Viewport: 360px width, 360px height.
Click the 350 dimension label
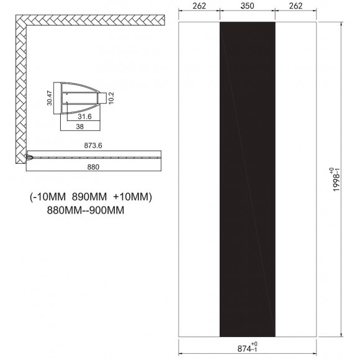point(248,7)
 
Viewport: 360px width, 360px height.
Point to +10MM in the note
point(132,198)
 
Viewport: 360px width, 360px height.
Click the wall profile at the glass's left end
point(30,158)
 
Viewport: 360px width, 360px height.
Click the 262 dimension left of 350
point(199,7)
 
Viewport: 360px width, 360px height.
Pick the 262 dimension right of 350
point(295,7)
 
